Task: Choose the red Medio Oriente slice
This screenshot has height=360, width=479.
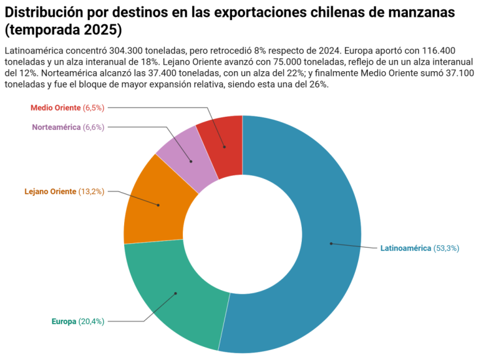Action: click(223, 144)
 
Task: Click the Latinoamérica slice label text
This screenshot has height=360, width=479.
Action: click(405, 248)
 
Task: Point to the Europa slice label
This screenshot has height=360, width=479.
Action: click(64, 322)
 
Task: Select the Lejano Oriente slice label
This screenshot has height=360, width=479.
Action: click(50, 191)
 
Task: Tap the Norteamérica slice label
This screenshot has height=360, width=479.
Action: click(56, 127)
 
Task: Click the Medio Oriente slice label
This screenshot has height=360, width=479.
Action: click(56, 107)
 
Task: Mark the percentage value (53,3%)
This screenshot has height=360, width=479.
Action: click(447, 248)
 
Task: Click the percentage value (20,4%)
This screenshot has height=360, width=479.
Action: click(92, 322)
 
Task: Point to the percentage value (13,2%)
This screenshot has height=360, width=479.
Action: click(92, 191)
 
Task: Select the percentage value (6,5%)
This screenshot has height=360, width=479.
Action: click(94, 107)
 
